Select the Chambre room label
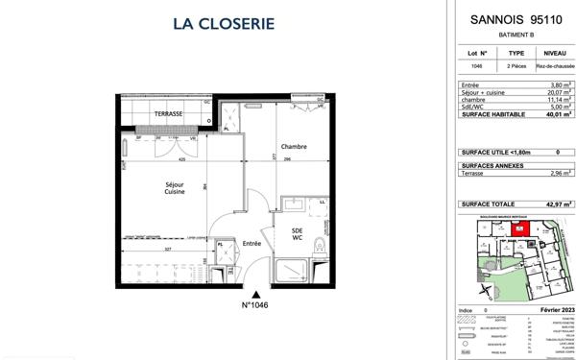point(293,147)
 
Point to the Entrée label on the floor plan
point(252,243)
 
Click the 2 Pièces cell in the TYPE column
point(516,67)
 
